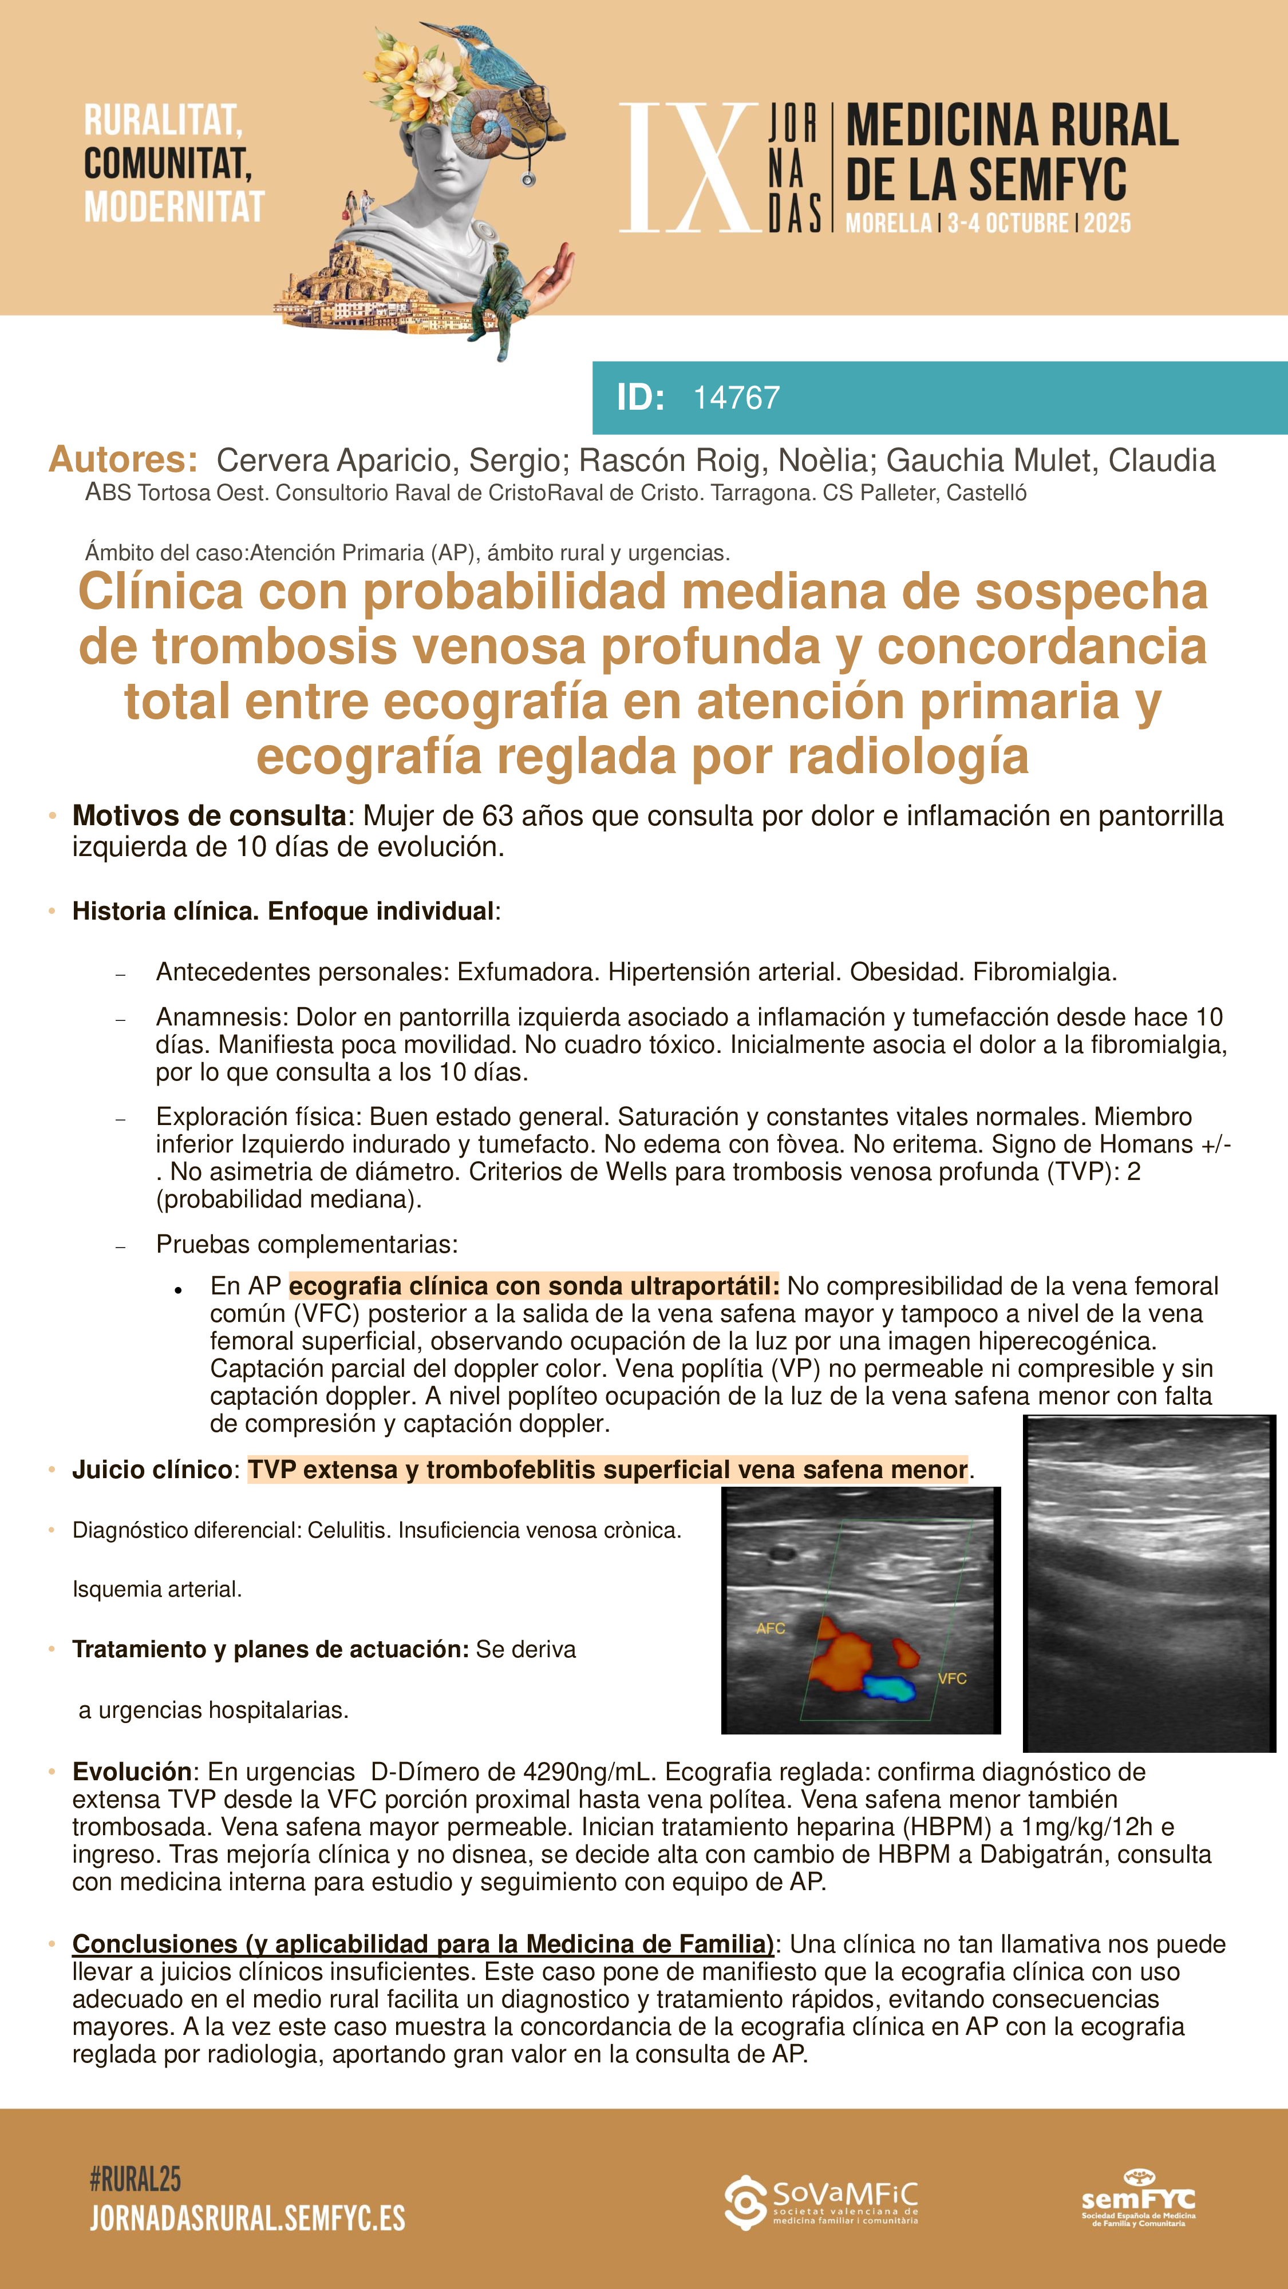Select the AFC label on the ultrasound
(770, 1628)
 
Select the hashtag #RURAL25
(135, 2179)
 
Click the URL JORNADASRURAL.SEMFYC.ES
(247, 2219)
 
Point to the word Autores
(123, 460)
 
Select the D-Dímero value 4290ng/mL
(590, 1772)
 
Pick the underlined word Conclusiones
(155, 1945)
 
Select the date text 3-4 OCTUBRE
(1007, 223)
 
